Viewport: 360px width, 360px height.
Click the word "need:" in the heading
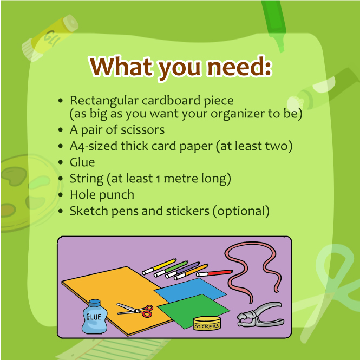pyautogui.click(x=239, y=67)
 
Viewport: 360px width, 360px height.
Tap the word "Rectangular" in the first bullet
pyautogui.click(x=104, y=101)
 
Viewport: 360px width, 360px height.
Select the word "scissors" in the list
pyautogui.click(x=142, y=130)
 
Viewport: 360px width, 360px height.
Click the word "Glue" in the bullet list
pyautogui.click(x=82, y=162)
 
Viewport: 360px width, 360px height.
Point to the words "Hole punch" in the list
pyautogui.click(x=102, y=195)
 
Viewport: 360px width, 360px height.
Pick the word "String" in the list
pyautogui.click(x=87, y=179)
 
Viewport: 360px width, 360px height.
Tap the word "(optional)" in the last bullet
pyautogui.click(x=241, y=211)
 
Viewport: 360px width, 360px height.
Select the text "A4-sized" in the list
pyautogui.click(x=94, y=146)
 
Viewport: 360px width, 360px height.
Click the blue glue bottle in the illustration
pyautogui.click(x=94, y=317)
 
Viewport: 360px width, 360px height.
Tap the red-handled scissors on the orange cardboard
pyautogui.click(x=135, y=310)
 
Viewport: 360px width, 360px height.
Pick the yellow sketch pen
pyautogui.click(x=159, y=266)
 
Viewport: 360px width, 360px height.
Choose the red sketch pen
pyautogui.click(x=214, y=273)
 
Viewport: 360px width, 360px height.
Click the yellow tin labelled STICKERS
pyautogui.click(x=207, y=323)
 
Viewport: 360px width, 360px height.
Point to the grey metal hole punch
pyautogui.click(x=260, y=315)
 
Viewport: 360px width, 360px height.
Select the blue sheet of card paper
pyautogui.click(x=191, y=290)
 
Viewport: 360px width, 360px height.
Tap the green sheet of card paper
pyautogui.click(x=193, y=310)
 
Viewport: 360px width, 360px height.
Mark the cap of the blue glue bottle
pyautogui.click(x=94, y=303)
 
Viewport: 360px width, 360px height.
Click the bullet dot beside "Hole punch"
pyautogui.click(x=61, y=195)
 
